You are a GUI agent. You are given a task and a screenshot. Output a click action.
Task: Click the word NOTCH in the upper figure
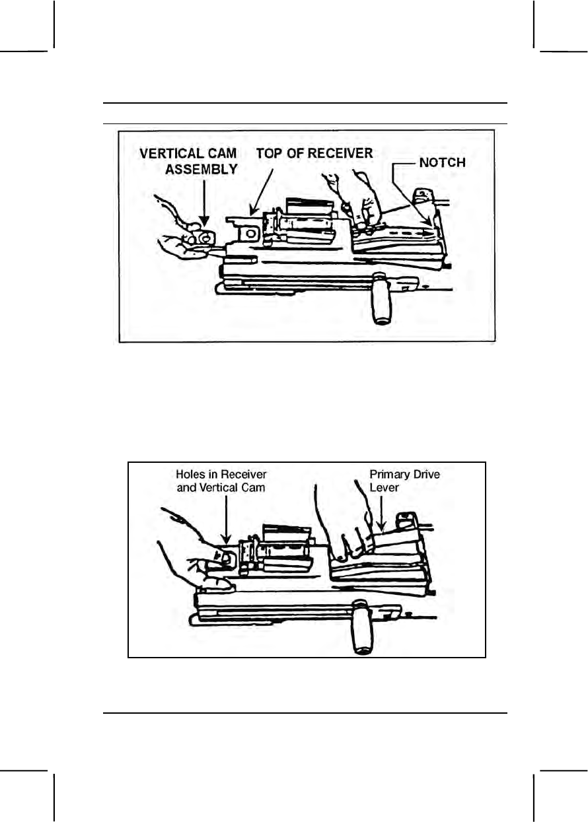click(443, 162)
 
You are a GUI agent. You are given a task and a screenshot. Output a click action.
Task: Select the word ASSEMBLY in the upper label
click(201, 168)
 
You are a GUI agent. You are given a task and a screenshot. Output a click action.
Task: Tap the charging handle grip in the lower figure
click(362, 625)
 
